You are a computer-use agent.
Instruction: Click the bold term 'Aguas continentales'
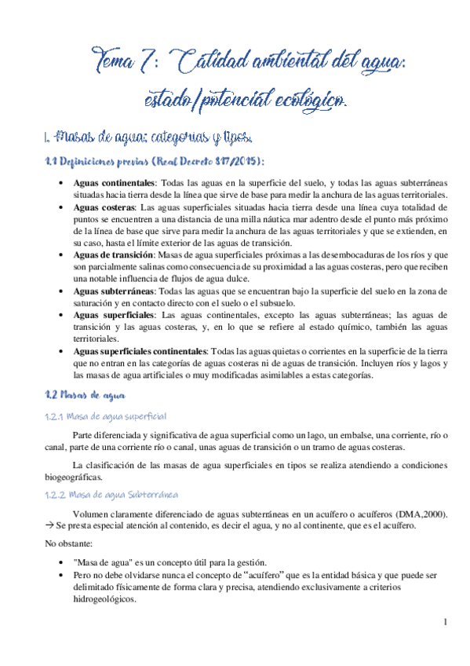point(109,182)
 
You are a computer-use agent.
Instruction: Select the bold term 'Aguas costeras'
point(99,207)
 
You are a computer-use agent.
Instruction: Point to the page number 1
point(445,623)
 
